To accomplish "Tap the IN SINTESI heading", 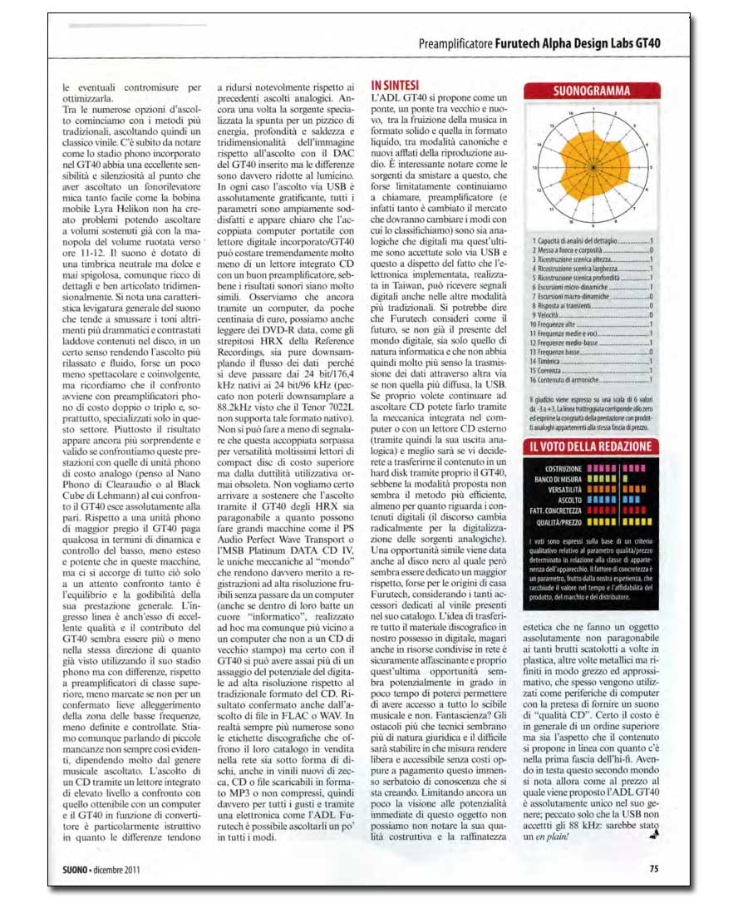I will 395,85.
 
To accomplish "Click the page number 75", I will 654,869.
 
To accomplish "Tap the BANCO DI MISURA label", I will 556,479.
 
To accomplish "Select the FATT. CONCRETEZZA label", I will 554,511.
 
